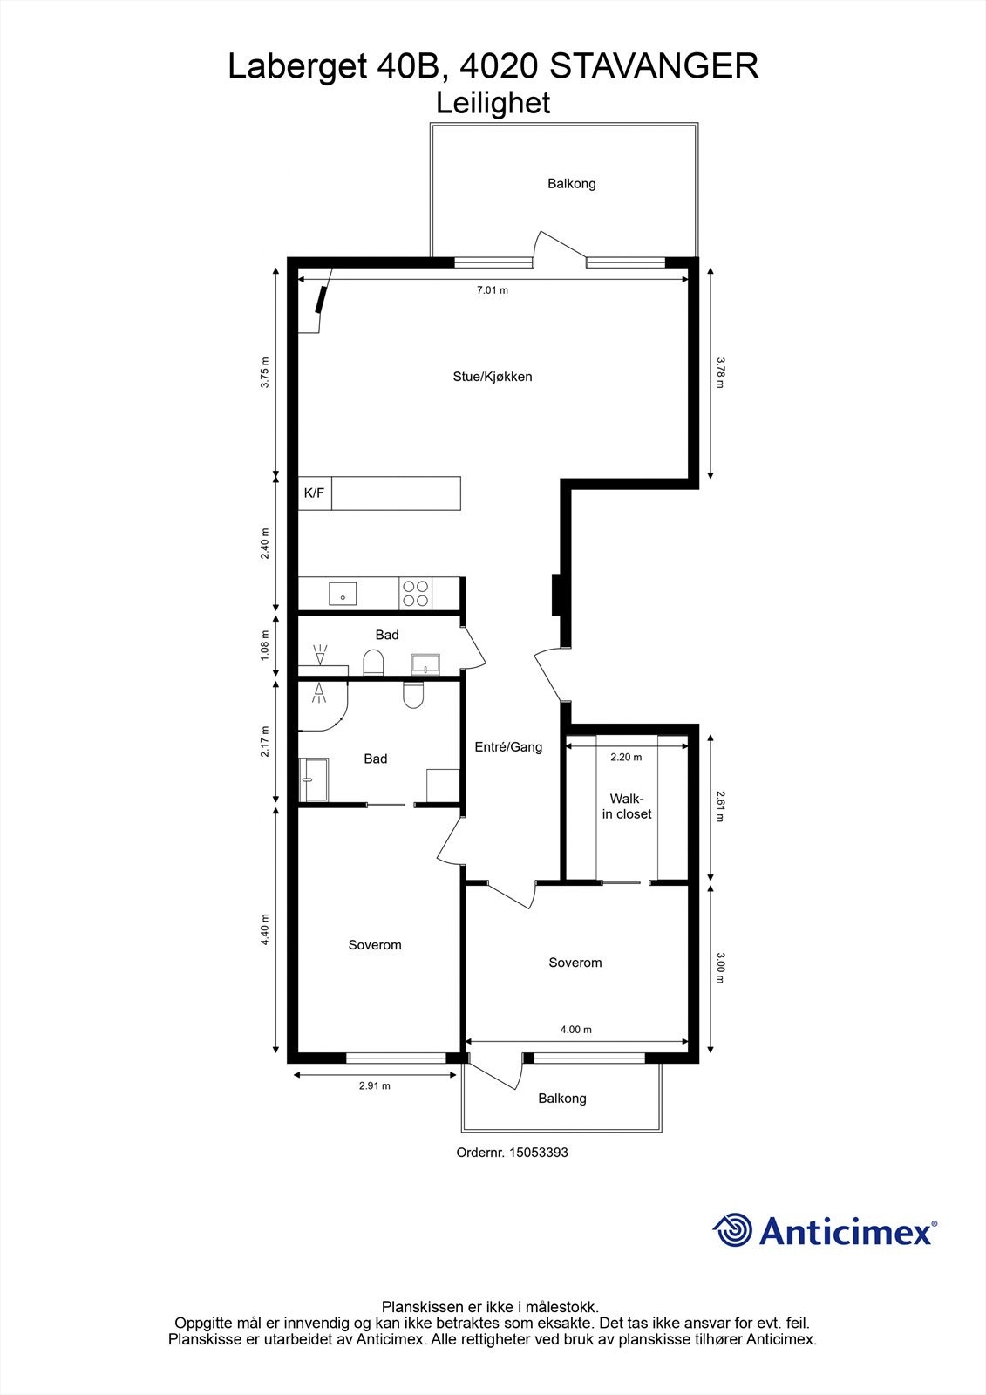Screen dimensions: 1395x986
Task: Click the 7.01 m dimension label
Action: tap(492, 290)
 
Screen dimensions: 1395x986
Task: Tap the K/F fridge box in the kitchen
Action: tap(314, 493)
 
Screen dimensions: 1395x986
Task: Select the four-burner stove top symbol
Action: tap(416, 594)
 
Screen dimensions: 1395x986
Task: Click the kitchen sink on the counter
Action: tap(343, 594)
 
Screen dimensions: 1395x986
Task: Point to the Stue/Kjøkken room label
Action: tap(492, 377)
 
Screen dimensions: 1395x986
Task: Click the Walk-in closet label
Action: tap(626, 806)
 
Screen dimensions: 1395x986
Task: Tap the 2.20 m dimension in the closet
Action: tap(625, 757)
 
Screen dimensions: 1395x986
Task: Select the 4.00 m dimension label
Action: tap(575, 1030)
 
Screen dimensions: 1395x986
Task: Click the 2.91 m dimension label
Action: tap(374, 1085)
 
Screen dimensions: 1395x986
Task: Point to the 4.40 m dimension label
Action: tap(265, 930)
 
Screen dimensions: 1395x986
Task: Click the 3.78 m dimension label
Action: tap(720, 372)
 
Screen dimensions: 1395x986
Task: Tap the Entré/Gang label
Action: tap(508, 746)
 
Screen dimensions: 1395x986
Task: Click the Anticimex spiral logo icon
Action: tap(733, 1230)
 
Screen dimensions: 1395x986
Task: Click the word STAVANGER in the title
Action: tap(655, 66)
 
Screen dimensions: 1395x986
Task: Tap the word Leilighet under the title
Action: tap(493, 103)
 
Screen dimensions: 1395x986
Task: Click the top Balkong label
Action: tap(571, 183)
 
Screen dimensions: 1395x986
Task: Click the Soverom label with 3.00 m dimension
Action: tap(575, 963)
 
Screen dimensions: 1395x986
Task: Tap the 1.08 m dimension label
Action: tap(265, 646)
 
